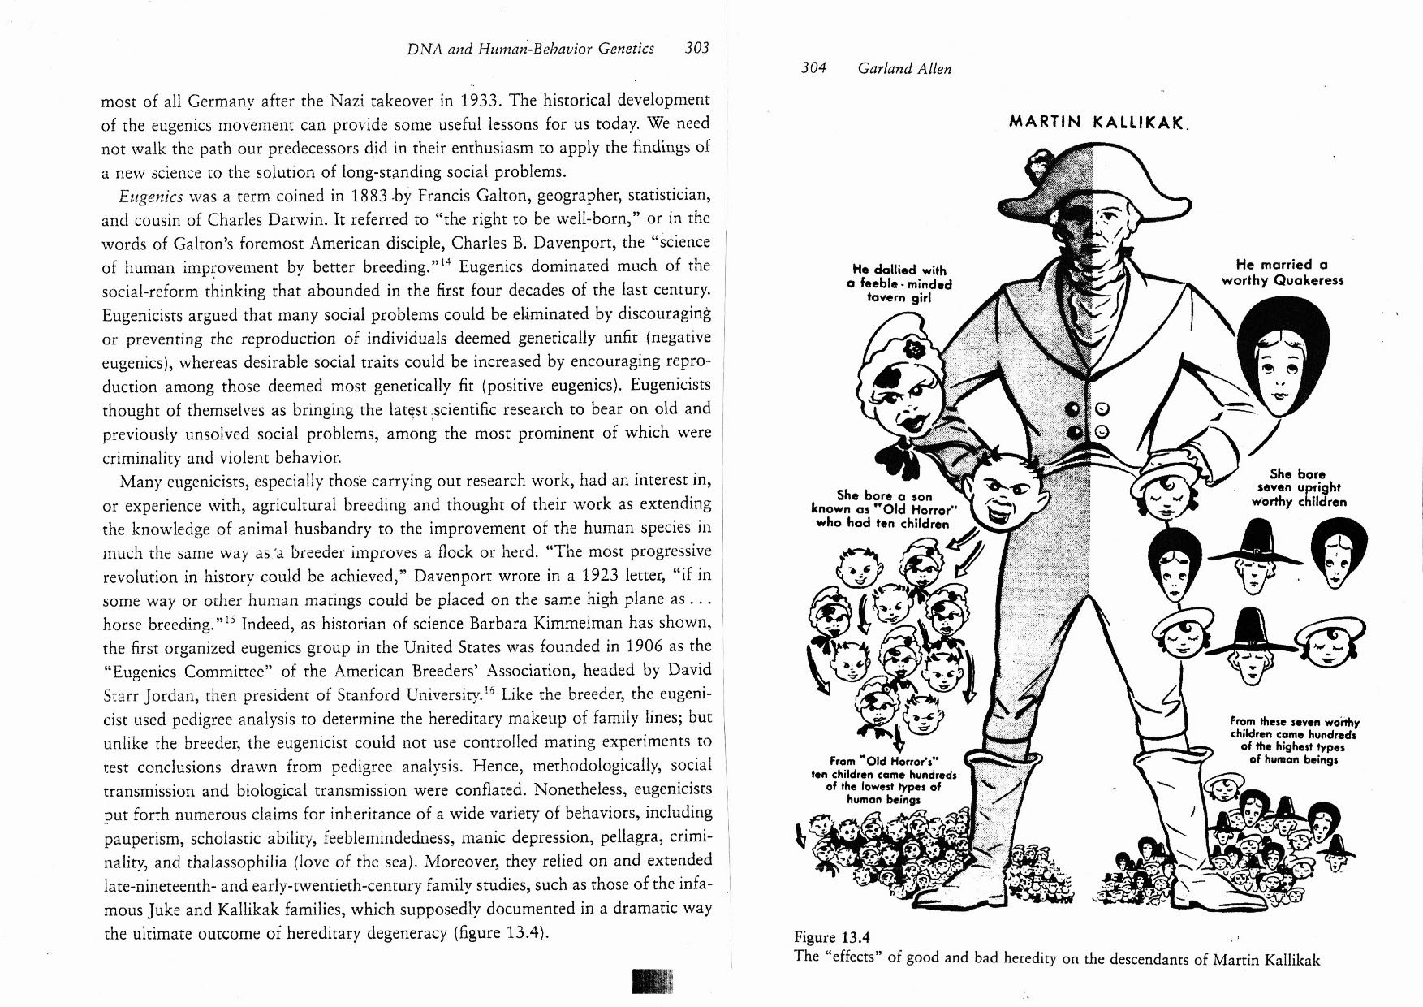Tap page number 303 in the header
(x=696, y=48)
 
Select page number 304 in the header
(x=813, y=69)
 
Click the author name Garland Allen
(x=904, y=69)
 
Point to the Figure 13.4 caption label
(x=830, y=938)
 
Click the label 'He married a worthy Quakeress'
(x=1283, y=272)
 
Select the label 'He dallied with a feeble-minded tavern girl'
(x=899, y=283)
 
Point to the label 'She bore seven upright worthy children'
(x=1298, y=487)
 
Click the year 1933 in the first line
(x=461, y=101)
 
